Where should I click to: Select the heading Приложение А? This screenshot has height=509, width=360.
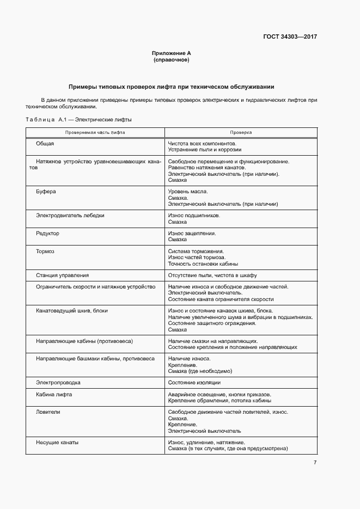pyautogui.click(x=171, y=53)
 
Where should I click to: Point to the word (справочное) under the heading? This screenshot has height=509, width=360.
pyautogui.click(x=171, y=59)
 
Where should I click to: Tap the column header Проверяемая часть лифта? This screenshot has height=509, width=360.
pyautogui.click(x=95, y=132)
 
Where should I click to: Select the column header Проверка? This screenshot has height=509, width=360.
pyautogui.click(x=241, y=132)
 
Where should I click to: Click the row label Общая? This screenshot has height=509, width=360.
pyautogui.click(x=45, y=143)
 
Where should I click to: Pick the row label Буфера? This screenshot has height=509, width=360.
pyautogui.click(x=46, y=192)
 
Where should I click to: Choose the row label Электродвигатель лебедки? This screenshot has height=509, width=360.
pyautogui.click(x=70, y=216)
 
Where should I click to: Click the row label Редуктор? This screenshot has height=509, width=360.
pyautogui.click(x=48, y=234)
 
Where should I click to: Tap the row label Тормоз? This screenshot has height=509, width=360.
pyautogui.click(x=45, y=252)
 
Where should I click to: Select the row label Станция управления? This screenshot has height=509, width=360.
pyautogui.click(x=63, y=275)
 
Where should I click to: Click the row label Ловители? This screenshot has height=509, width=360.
pyautogui.click(x=48, y=412)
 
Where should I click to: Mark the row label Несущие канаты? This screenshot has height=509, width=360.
pyautogui.click(x=57, y=443)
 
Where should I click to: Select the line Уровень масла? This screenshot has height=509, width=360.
pyautogui.click(x=188, y=192)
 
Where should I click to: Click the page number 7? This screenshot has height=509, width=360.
pyautogui.click(x=315, y=463)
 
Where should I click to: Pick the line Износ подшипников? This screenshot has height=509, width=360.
pyautogui.click(x=194, y=216)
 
